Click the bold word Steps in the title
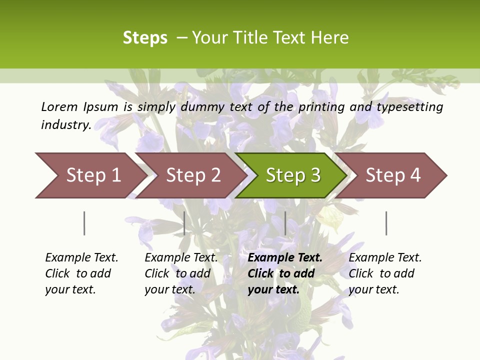coord(145,38)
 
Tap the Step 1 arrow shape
coord(93,175)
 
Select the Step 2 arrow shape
coord(193,175)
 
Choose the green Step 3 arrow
coord(293,175)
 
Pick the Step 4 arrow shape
coord(393,175)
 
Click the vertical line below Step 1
coord(84,223)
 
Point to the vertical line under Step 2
coord(184,223)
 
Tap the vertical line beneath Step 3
coord(285,223)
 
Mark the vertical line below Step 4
coord(386,223)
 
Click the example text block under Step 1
coord(81,273)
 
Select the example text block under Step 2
coord(181,273)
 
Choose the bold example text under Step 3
coord(285,273)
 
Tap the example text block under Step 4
coord(385,273)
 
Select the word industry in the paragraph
coord(66,124)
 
